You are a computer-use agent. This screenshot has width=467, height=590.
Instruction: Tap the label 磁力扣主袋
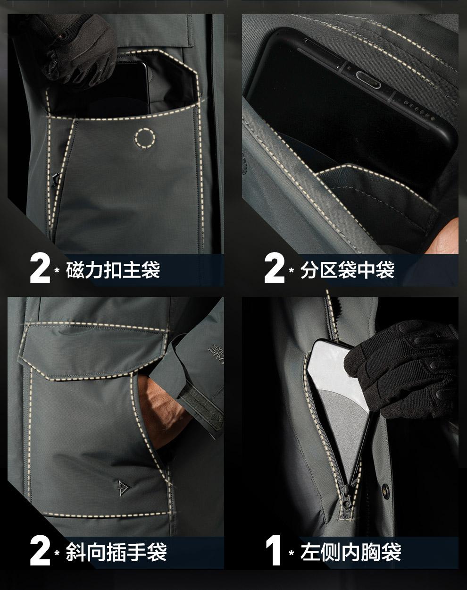point(113,270)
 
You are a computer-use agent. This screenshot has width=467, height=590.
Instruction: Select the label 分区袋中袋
point(348,270)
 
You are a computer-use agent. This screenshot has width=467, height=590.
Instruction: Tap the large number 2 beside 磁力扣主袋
point(40,268)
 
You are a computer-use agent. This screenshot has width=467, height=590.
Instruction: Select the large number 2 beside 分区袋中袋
point(275,268)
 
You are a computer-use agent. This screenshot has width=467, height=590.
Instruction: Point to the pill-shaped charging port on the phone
point(368,80)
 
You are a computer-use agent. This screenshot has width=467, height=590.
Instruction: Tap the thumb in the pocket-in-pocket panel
point(444,236)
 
